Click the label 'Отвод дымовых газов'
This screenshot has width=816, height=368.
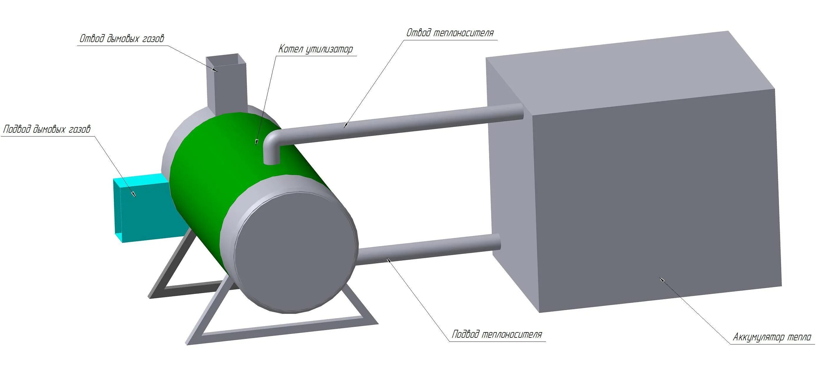[122, 39]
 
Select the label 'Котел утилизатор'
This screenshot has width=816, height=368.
[315, 49]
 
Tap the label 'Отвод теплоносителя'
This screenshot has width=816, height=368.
[450, 33]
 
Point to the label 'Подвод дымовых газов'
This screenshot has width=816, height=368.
[47, 129]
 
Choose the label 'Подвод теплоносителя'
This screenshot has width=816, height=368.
[497, 334]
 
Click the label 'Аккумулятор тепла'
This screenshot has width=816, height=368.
[772, 337]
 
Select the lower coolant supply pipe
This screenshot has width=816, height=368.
[428, 250]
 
